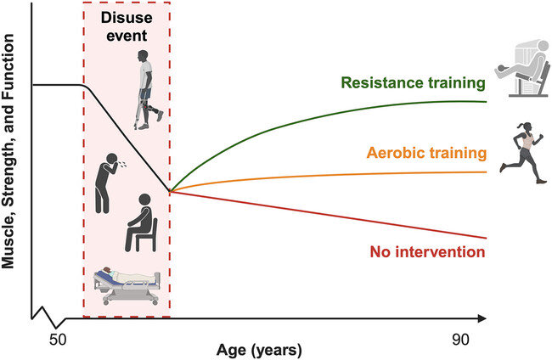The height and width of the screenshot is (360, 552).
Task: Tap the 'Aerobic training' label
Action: point(426,154)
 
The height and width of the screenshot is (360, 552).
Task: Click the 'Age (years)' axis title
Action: point(260,348)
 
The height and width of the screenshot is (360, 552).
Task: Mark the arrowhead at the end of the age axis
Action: point(484,319)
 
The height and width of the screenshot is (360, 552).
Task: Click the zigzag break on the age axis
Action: point(48,321)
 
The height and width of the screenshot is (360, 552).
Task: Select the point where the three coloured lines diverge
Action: point(171,192)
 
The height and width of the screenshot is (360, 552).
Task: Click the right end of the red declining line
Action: point(487,238)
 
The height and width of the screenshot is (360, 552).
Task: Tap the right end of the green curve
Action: point(487,101)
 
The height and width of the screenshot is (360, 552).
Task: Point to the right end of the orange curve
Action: point(487,172)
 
